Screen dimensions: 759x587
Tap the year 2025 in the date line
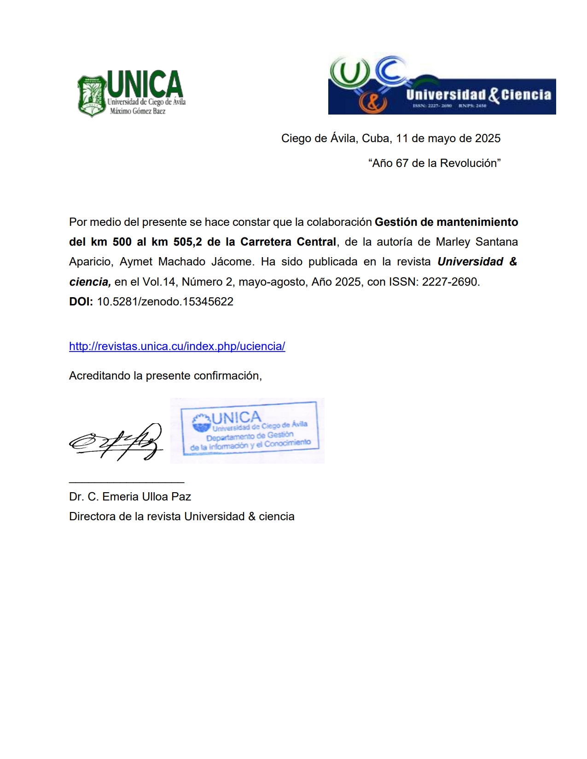click(488, 138)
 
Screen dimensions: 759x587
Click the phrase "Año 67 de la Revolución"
click(434, 163)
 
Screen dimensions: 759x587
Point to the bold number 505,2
click(187, 242)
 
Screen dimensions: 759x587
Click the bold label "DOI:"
click(81, 302)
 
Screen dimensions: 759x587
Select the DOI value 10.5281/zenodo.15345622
click(165, 302)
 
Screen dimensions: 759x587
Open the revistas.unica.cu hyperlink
click(177, 346)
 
